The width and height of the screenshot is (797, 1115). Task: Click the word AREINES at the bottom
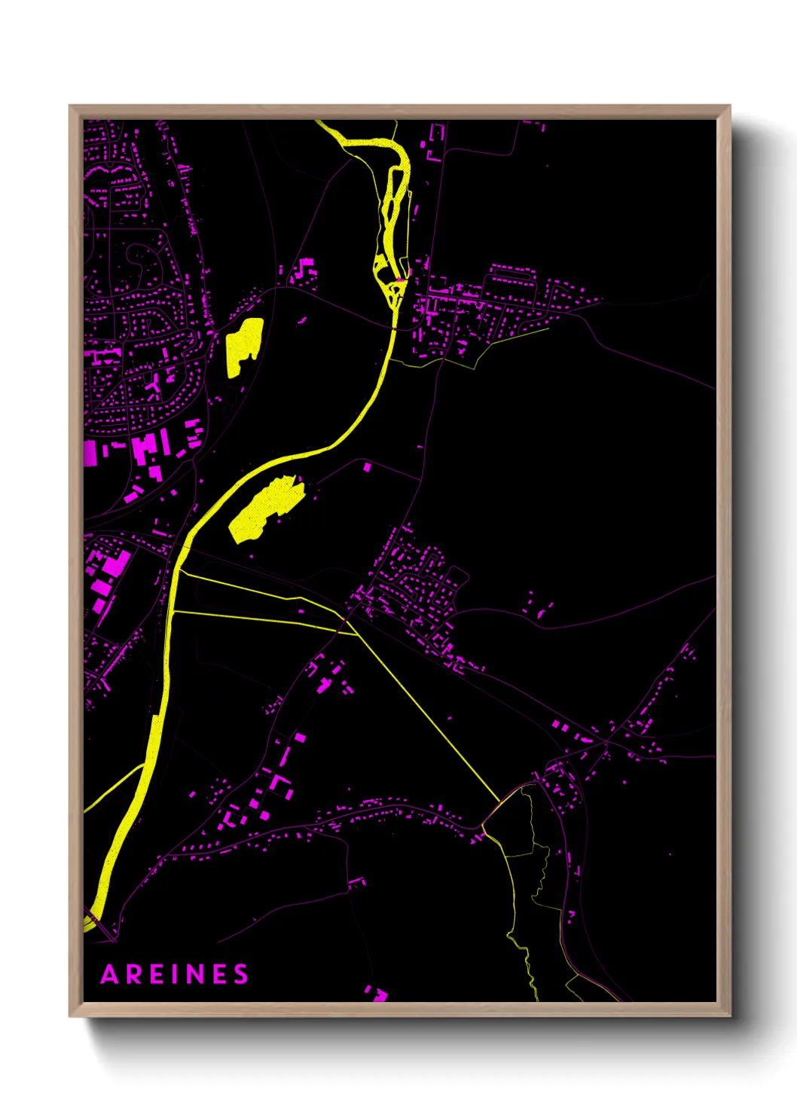click(x=174, y=974)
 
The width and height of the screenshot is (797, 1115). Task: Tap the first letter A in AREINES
click(x=110, y=974)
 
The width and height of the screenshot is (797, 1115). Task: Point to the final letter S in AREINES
click(x=240, y=974)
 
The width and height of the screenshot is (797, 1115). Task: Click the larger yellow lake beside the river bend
click(x=266, y=509)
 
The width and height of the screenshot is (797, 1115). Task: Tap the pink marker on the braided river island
click(x=399, y=281)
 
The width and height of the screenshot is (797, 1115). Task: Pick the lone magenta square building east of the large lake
click(x=367, y=468)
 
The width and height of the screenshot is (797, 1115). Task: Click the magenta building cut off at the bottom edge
click(x=377, y=994)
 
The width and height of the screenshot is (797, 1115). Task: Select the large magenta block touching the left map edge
click(x=90, y=453)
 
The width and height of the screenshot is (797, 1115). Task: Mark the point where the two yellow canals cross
click(x=346, y=620)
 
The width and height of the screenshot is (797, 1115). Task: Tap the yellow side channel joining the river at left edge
click(x=113, y=788)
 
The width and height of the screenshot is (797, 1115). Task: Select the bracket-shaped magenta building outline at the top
click(x=435, y=143)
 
